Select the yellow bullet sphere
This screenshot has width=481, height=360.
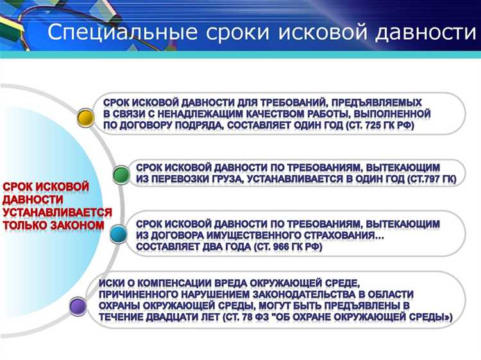point(85,117)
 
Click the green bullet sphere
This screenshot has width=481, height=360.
point(121,175)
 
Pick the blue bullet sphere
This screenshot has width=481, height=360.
point(118,235)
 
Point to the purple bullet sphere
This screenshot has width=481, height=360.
point(78,306)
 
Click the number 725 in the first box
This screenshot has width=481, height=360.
point(375,125)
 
